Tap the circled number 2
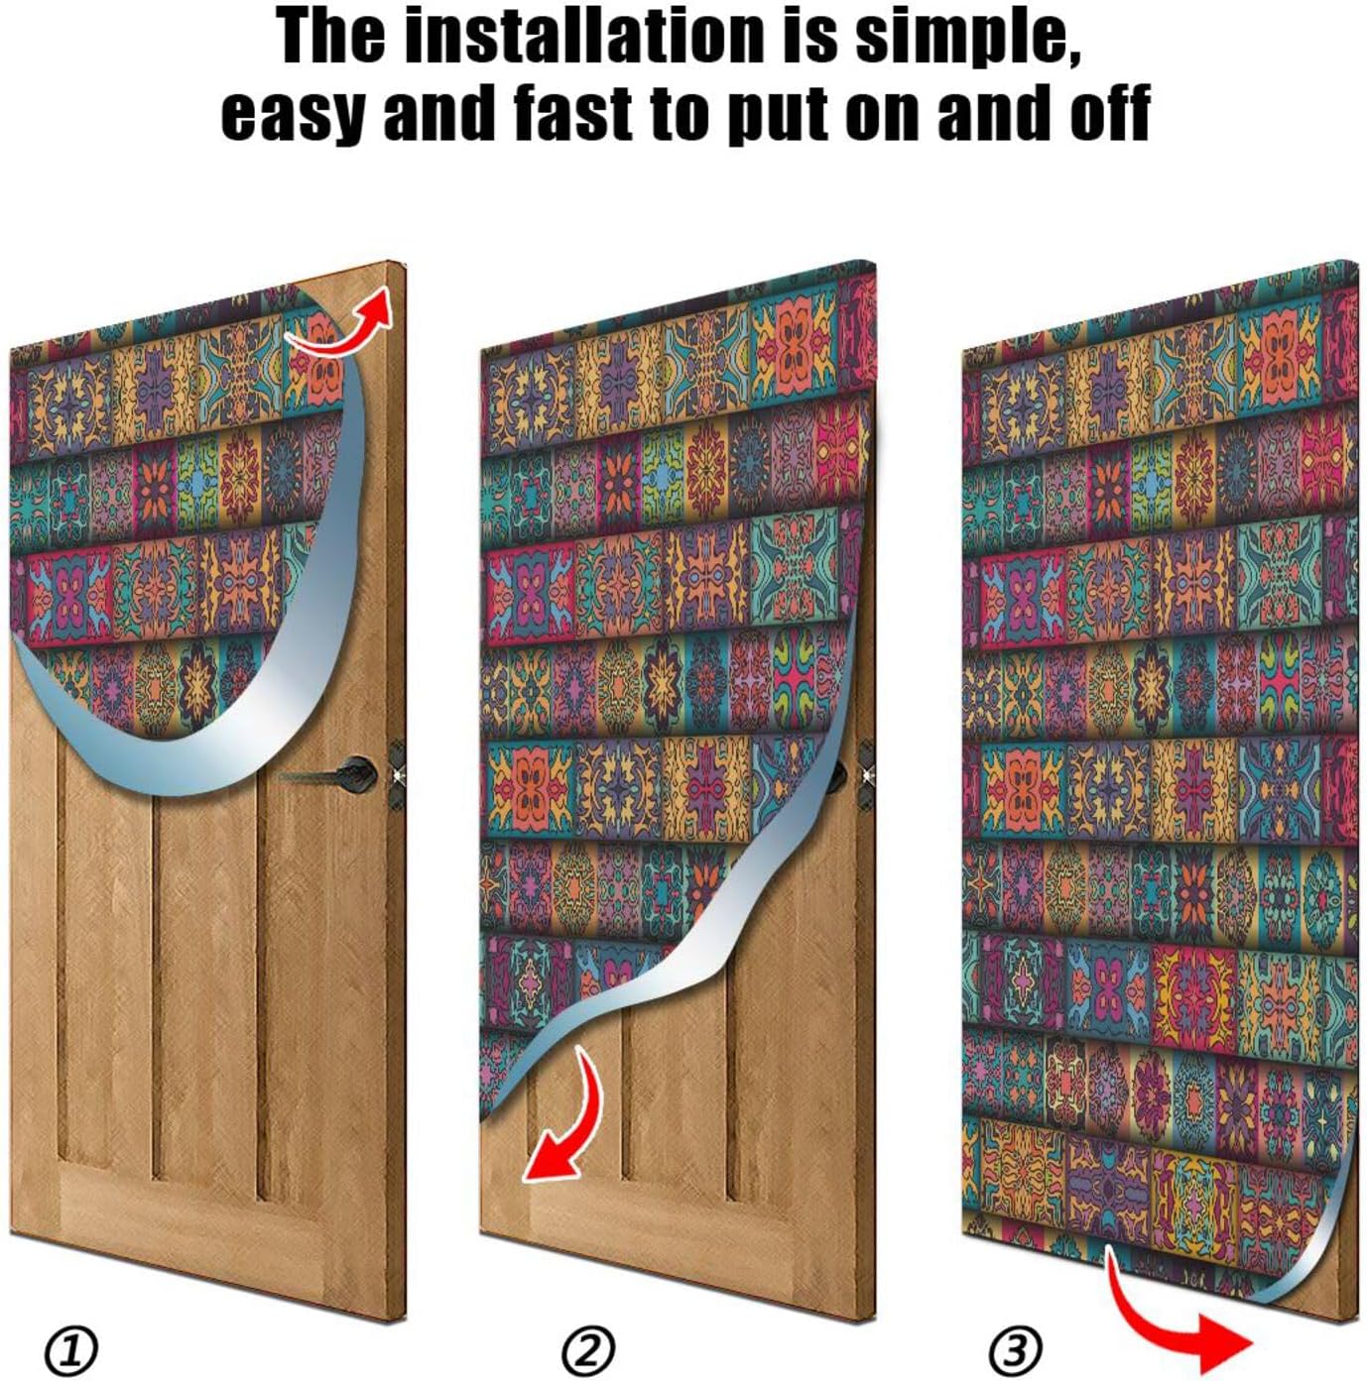coord(588,1349)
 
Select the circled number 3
coord(1015,1349)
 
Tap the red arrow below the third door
coord(1176,1323)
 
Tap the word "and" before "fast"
coord(438,111)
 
